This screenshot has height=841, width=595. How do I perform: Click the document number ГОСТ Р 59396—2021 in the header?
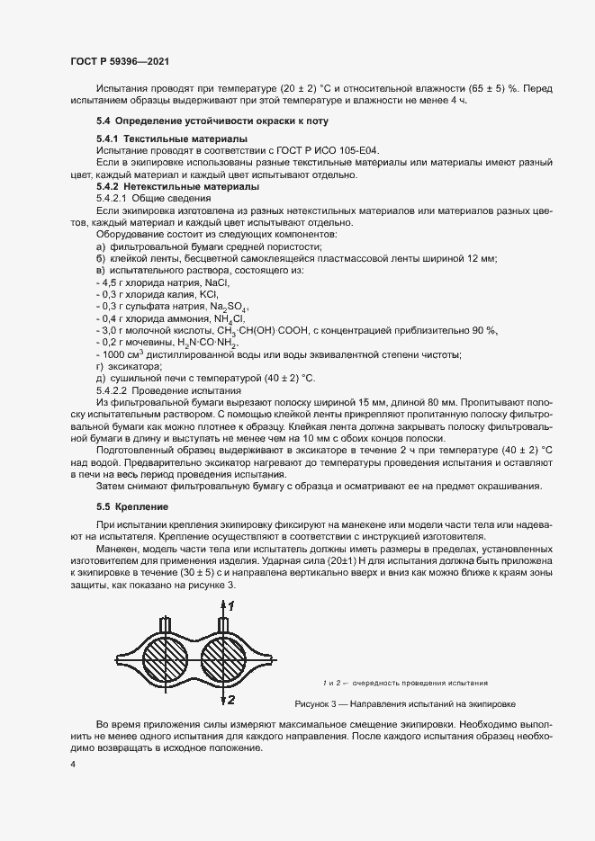(x=120, y=61)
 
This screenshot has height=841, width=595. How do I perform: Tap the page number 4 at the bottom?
(x=73, y=765)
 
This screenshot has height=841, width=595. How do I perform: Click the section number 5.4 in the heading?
(x=103, y=121)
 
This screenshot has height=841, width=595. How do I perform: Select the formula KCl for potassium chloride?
(x=209, y=294)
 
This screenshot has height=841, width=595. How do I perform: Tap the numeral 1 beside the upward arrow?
(x=232, y=607)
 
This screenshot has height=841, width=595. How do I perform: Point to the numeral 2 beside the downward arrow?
(x=231, y=699)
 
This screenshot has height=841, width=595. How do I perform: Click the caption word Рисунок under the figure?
(x=314, y=704)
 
